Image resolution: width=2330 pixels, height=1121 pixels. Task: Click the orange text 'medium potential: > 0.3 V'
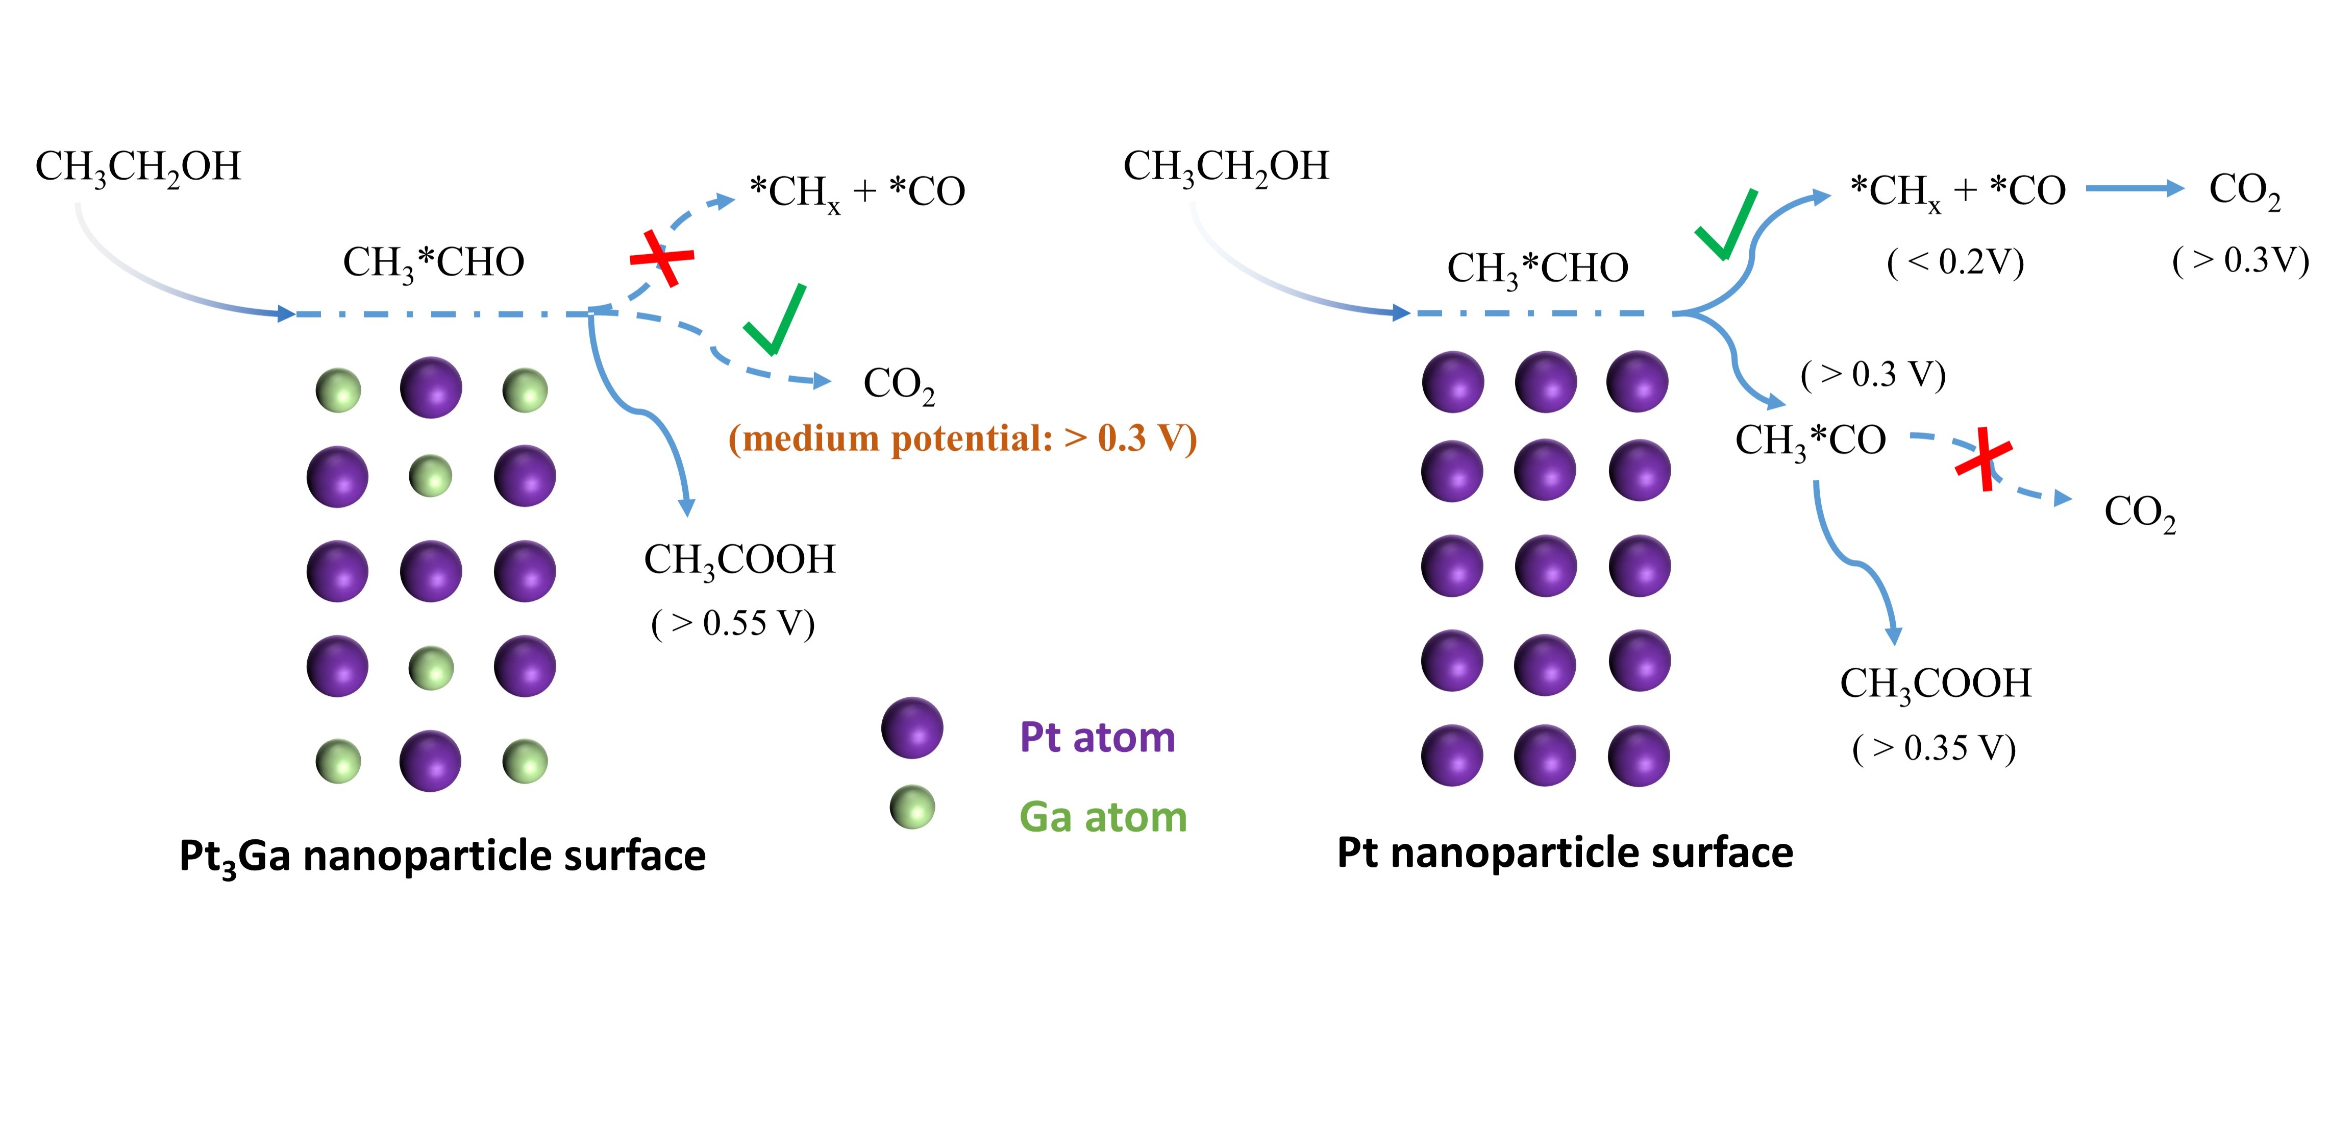pos(962,439)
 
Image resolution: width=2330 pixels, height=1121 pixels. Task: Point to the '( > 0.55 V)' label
pos(733,623)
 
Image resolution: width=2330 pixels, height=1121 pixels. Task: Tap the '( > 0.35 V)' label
pos(1934,748)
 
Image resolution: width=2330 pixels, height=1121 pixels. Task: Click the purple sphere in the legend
pos(912,727)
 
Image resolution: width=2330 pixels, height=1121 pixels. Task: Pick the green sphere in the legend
pos(912,807)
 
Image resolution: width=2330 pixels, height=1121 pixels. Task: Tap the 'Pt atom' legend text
pos(1097,738)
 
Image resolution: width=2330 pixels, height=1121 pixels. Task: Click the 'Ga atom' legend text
pos(1103,817)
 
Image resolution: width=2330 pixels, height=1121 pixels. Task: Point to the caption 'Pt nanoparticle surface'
pos(1565,853)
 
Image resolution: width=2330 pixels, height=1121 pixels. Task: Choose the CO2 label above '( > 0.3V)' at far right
pos(2244,191)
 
